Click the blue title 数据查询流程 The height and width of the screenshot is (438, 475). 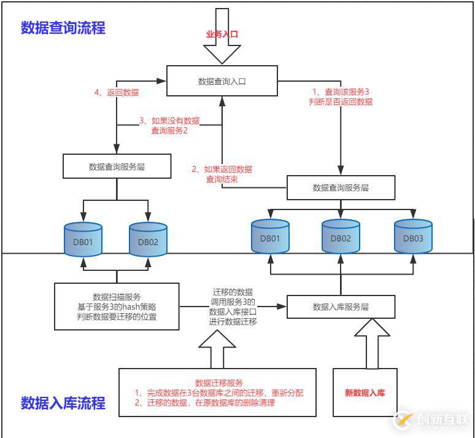(63, 28)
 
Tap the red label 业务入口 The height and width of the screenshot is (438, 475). (222, 34)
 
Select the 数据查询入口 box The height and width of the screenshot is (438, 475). (222, 81)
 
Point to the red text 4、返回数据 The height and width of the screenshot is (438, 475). (117, 93)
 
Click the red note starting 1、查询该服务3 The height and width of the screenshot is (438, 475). (341, 96)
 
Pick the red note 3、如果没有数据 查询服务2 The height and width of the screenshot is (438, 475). (169, 125)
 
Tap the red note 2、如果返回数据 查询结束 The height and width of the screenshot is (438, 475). (221, 174)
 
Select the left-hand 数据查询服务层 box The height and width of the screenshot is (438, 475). (117, 166)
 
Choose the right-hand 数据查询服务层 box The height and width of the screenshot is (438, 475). (341, 187)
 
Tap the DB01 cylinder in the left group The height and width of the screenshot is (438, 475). (83, 241)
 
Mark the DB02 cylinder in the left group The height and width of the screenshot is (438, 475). (148, 241)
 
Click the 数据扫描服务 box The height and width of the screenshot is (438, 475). (117, 306)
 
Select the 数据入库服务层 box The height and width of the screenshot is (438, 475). (341, 307)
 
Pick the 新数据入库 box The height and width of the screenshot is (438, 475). (365, 393)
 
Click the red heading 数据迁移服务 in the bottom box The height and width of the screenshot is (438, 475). (218, 382)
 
